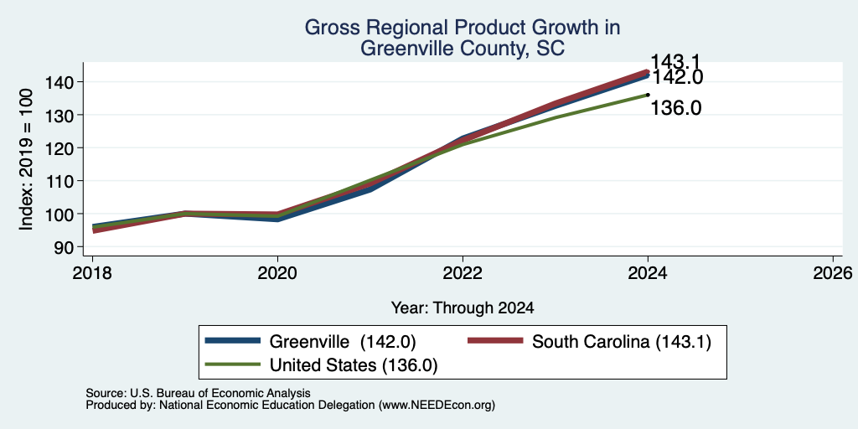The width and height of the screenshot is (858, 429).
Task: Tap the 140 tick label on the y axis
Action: tap(61, 83)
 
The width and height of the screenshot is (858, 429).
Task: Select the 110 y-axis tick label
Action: tap(61, 181)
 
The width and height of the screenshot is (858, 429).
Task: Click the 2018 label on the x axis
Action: tap(92, 272)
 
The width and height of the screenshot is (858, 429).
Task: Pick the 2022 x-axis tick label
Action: tap(463, 272)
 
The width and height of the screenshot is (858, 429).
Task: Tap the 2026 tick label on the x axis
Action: tap(833, 272)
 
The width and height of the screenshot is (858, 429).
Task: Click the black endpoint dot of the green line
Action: tap(648, 95)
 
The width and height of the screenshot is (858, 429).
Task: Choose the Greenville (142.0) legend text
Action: tap(343, 342)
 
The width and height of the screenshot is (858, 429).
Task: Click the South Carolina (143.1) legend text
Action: tap(622, 342)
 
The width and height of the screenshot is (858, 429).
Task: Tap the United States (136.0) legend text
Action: tap(354, 364)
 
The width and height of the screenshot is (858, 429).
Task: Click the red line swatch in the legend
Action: tap(496, 341)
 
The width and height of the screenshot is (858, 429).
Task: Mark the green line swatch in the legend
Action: tap(233, 364)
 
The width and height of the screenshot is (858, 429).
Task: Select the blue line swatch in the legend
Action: tap(233, 341)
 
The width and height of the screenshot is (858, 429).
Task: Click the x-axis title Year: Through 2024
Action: tap(463, 308)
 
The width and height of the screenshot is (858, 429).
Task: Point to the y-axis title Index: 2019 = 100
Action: tap(26, 159)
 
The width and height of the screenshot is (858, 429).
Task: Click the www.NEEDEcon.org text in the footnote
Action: tap(436, 406)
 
